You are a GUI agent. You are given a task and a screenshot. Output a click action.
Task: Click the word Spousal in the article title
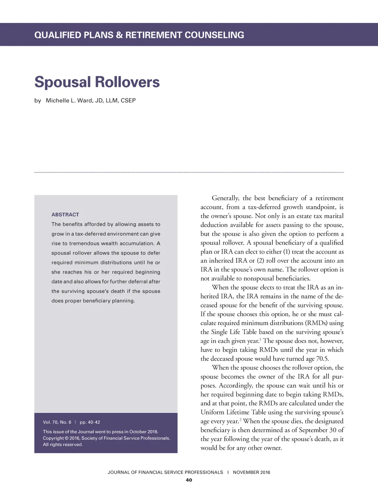click(x=63, y=82)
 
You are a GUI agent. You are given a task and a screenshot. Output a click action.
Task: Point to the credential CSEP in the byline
click(x=128, y=101)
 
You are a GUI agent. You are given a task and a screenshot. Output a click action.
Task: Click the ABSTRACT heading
click(x=65, y=214)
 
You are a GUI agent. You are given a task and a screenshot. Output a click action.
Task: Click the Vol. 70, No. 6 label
click(x=57, y=422)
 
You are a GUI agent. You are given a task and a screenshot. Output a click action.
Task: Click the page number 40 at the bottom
click(x=189, y=480)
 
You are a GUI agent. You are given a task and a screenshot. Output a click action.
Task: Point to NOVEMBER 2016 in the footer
click(x=251, y=472)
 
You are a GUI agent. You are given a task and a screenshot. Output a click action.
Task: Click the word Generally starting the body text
click(x=225, y=198)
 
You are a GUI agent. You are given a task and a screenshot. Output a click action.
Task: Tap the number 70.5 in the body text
click(x=322, y=359)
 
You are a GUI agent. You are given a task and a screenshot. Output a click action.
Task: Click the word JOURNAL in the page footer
click(x=118, y=472)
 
